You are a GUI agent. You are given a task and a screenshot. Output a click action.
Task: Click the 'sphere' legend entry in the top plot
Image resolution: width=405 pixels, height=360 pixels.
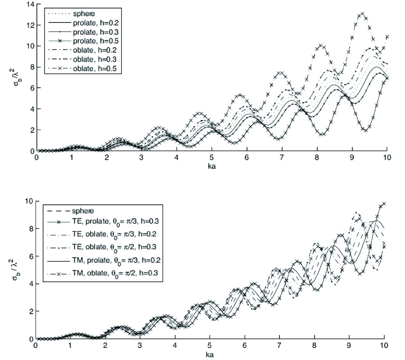[81, 13]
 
